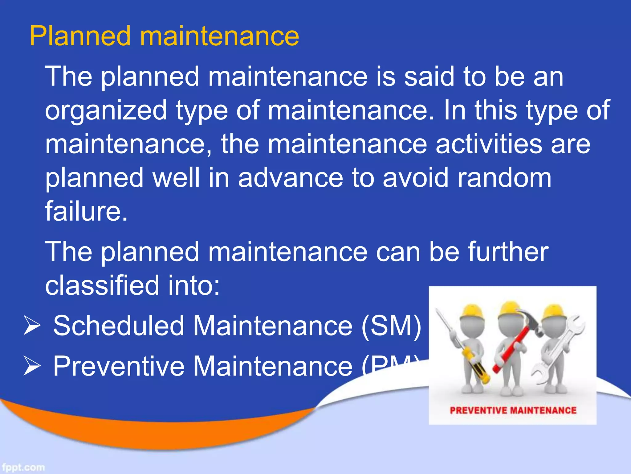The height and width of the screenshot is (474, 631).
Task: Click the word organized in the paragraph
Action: [x=106, y=110]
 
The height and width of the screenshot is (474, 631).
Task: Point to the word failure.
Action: [x=86, y=211]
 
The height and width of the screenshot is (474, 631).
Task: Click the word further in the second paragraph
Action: [x=508, y=252]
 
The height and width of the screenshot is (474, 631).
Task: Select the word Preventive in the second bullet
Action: [x=119, y=366]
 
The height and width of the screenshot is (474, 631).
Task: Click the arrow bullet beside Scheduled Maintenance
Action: [x=32, y=326]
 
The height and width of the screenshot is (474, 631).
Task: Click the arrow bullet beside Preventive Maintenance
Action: [x=32, y=367]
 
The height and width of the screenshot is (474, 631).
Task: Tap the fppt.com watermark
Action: [x=23, y=467]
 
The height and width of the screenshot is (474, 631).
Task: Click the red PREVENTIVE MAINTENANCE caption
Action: [x=513, y=410]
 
